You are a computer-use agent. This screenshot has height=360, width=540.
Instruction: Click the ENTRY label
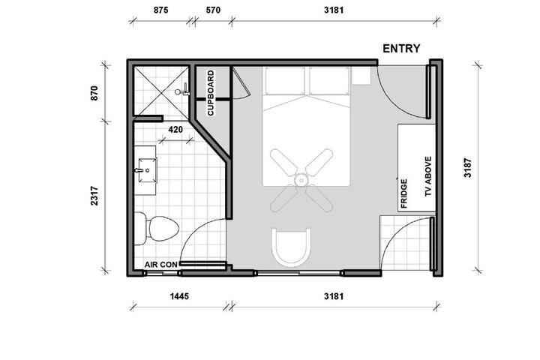[401, 49]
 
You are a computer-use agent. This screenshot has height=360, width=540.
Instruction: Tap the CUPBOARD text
[211, 93]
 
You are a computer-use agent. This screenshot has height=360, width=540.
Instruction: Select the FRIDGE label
[404, 193]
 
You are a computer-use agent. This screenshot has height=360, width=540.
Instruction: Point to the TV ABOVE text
[428, 177]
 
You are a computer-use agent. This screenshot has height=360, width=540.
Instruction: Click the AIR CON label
[160, 265]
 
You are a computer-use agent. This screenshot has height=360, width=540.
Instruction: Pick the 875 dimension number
[160, 10]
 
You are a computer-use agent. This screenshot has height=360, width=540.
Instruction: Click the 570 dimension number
[213, 10]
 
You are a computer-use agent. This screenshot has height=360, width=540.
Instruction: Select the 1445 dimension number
[179, 296]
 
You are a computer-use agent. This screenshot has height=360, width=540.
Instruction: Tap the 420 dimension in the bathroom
[175, 130]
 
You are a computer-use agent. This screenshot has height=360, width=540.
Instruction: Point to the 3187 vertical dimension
[467, 168]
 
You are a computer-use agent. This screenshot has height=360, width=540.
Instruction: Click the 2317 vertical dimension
[94, 196]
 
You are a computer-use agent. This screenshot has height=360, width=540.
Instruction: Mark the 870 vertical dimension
[94, 93]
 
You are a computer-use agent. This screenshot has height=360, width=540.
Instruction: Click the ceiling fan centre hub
[301, 180]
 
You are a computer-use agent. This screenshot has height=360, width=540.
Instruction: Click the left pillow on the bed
[285, 81]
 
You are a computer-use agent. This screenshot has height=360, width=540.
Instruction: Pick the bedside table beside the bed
[361, 76]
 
